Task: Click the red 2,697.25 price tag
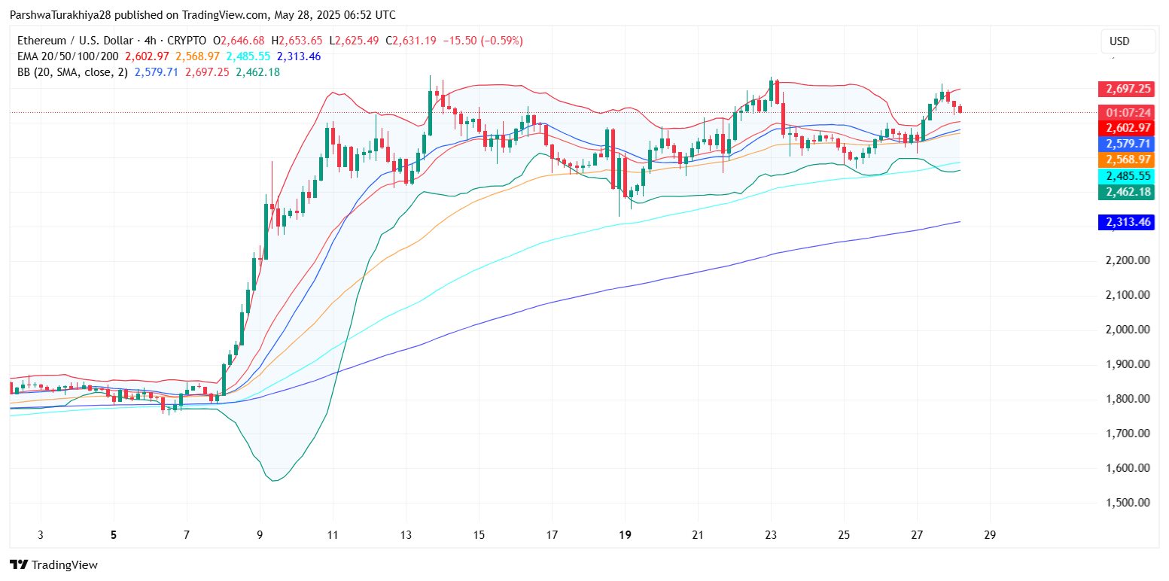pyautogui.click(x=1126, y=89)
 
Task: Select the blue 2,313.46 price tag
pyautogui.click(x=1126, y=222)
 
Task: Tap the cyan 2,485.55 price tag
pyautogui.click(x=1126, y=176)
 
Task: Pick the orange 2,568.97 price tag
pyautogui.click(x=1126, y=160)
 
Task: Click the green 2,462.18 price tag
pyautogui.click(x=1126, y=192)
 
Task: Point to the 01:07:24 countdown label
pyautogui.click(x=1126, y=113)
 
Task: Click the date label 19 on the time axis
pyautogui.click(x=624, y=535)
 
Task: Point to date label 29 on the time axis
pyautogui.click(x=990, y=535)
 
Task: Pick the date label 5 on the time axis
pyautogui.click(x=114, y=535)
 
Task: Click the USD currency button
pyautogui.click(x=1127, y=41)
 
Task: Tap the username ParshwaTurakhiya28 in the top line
pyautogui.click(x=62, y=15)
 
